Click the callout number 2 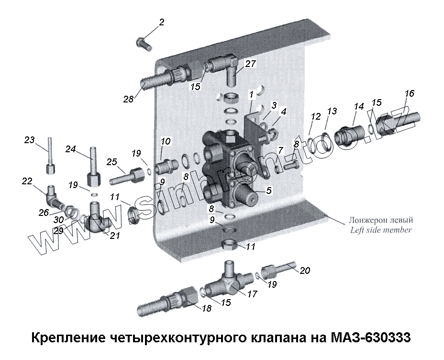pos(162,22)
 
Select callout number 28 pos(128,99)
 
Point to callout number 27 pos(251,63)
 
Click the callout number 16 pos(409,93)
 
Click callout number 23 pos(30,140)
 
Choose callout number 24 pos(70,149)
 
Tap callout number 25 pos(112,162)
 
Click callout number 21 pos(114,235)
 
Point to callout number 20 pos(305,270)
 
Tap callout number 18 pos(206,309)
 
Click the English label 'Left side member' pos(380,230)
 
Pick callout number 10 pos(166,141)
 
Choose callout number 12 pos(315,116)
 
